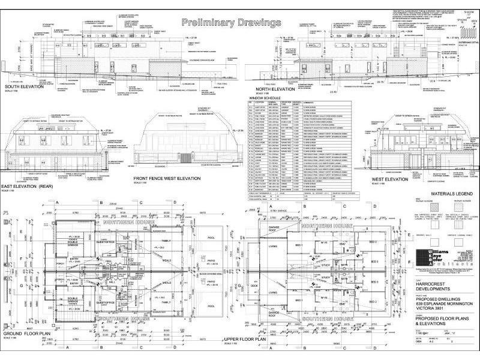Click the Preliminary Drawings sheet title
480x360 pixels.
pos(231,23)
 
